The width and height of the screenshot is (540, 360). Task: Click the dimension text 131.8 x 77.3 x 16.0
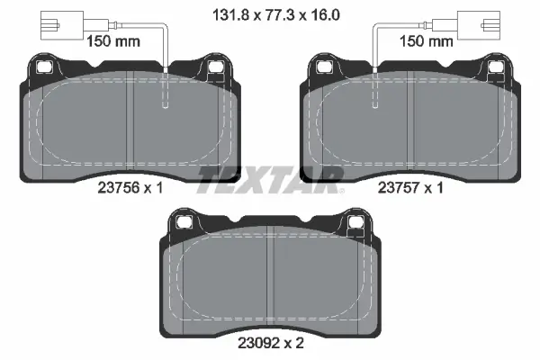coord(276,14)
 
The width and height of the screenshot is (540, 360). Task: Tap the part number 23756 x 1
coord(130,188)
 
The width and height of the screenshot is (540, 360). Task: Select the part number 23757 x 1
coord(410,188)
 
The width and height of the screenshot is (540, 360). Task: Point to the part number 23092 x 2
coord(271,343)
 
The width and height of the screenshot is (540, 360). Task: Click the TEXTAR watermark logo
coord(271,180)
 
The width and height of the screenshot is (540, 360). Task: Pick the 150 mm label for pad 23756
coord(113,41)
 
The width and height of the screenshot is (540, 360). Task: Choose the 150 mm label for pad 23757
coord(426,41)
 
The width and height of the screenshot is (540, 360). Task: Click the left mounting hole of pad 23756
coord(44,67)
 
